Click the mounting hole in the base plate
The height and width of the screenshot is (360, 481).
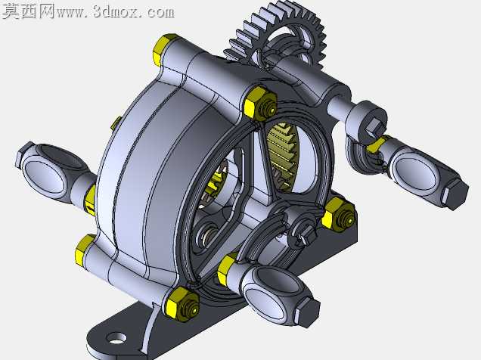click(x=116, y=338)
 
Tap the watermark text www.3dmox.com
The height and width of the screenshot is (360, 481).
click(x=116, y=12)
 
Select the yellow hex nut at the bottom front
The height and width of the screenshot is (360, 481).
click(x=182, y=303)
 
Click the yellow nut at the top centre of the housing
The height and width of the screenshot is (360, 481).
click(x=260, y=102)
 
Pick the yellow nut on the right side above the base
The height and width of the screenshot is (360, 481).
click(x=339, y=213)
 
